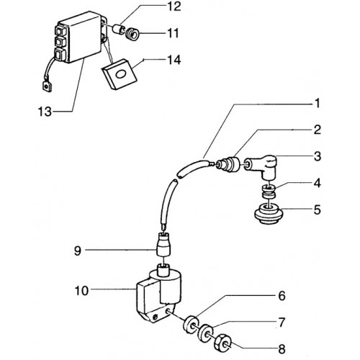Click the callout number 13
coord(45,112)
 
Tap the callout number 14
coord(174,60)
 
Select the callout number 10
coord(82,291)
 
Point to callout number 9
coord(78,251)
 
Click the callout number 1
coord(318,104)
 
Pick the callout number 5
coord(318,210)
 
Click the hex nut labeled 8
coord(223,342)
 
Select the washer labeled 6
coord(192,325)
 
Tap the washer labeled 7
coord(205,333)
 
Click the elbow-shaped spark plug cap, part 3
coord(261,167)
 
